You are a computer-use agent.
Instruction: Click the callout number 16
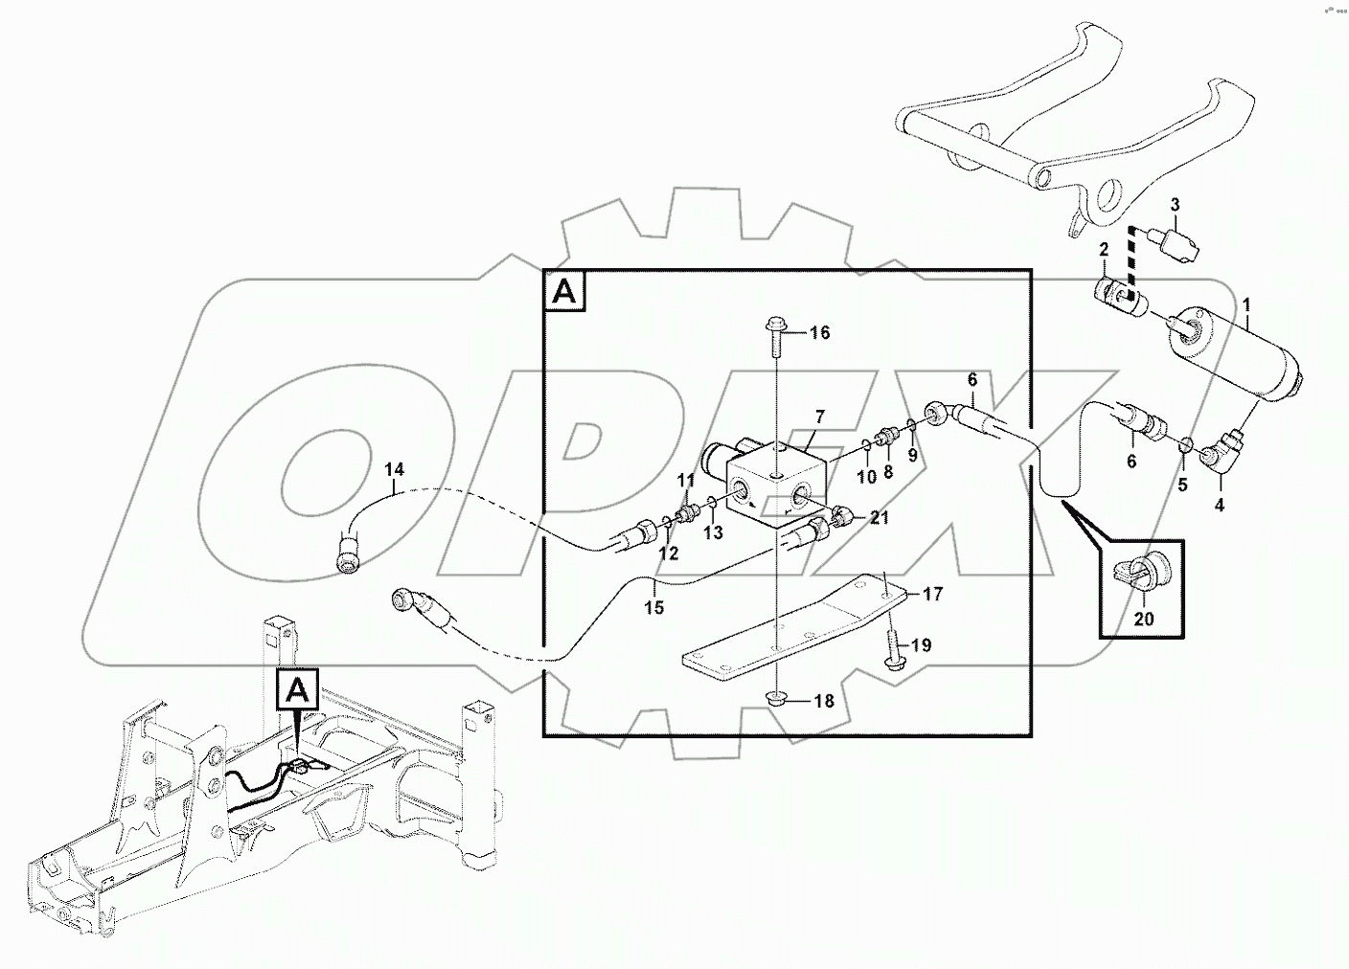coord(819,333)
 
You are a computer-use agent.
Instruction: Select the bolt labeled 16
coord(776,337)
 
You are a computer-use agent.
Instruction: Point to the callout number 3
coord(1176,205)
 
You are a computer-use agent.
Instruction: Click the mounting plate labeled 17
coord(795,628)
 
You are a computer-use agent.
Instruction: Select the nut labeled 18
coord(776,698)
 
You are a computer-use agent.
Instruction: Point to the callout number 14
coord(395,469)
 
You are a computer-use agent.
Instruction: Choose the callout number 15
coord(653,607)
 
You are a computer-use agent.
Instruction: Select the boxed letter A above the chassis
coord(299,688)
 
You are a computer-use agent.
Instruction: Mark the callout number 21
coord(880,517)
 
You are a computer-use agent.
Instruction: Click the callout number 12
coord(668,552)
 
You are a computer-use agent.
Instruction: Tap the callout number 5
coord(1182,484)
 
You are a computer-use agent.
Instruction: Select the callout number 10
coord(866,476)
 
